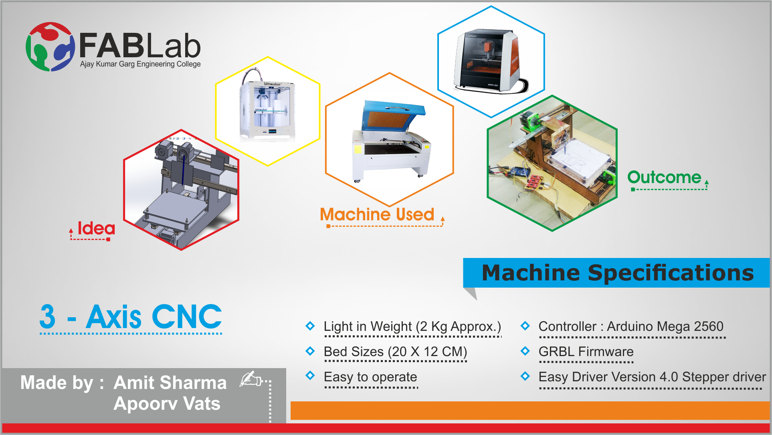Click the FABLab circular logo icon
(x=50, y=46)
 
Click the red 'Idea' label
(x=96, y=228)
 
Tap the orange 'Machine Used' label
(x=377, y=215)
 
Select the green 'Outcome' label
(x=664, y=177)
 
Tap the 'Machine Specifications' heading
(x=618, y=273)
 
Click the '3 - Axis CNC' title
(x=131, y=316)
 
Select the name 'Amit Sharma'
(x=170, y=383)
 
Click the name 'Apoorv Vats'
(x=167, y=403)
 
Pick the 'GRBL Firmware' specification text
(x=586, y=352)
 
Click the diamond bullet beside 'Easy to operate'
(x=310, y=375)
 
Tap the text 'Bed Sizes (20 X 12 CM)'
(x=396, y=352)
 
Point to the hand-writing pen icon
(x=251, y=379)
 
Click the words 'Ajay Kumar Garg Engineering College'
(x=140, y=64)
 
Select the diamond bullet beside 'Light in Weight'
(x=310, y=326)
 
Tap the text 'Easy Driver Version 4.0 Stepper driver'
(x=652, y=377)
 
